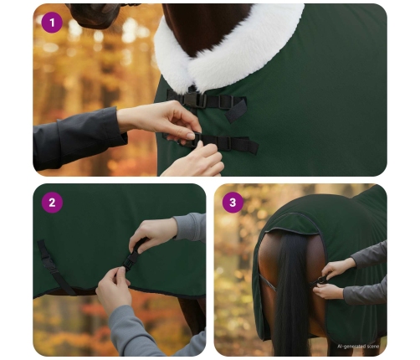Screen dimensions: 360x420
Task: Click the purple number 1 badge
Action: click(52, 22)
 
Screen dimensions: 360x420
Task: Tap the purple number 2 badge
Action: click(52, 202)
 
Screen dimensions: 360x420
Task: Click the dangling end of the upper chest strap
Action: click(236, 110)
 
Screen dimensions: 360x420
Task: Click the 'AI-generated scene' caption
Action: click(358, 345)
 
